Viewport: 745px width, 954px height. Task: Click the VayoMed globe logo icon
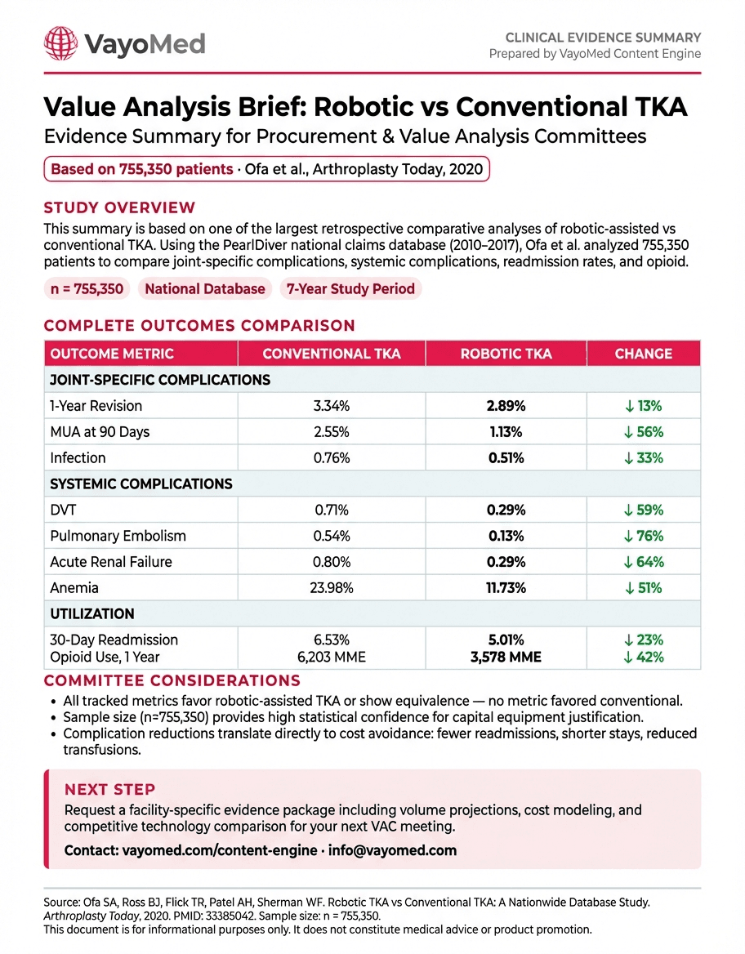tap(60, 42)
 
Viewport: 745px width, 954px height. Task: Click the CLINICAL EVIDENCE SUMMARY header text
tap(603, 38)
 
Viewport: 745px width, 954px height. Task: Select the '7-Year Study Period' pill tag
tap(350, 288)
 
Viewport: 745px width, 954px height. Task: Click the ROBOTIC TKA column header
tap(506, 354)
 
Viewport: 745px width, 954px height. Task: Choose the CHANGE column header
tap(643, 354)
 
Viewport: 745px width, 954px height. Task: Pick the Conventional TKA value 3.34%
tap(331, 406)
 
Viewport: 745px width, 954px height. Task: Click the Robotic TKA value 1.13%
tap(506, 432)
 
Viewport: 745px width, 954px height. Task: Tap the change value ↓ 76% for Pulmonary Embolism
tap(642, 537)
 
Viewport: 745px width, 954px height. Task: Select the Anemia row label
tap(74, 589)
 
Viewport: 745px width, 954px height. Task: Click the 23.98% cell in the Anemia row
tap(331, 589)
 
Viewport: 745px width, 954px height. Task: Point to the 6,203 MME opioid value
tap(331, 657)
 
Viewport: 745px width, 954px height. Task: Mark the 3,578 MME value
tap(506, 657)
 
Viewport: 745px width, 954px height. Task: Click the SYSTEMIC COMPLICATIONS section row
tap(141, 484)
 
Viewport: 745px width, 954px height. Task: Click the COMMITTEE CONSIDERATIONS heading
tap(172, 681)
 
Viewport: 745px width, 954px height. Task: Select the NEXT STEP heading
tap(109, 790)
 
